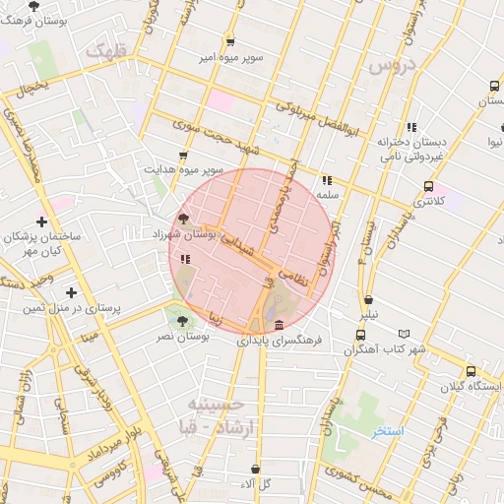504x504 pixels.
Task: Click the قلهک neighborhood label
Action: tap(106, 50)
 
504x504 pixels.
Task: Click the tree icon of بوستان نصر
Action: tap(180, 320)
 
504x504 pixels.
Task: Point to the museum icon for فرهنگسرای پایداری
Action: tap(281, 325)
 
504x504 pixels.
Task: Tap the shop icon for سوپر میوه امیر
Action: tap(230, 41)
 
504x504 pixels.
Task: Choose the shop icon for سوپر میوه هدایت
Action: tap(183, 155)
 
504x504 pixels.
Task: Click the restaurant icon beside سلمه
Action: tap(326, 180)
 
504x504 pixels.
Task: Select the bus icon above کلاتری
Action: tap(428, 185)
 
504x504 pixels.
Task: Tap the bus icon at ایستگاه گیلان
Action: tap(472, 371)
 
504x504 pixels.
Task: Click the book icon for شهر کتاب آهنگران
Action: tap(403, 335)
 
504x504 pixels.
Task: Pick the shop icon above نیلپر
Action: tap(368, 300)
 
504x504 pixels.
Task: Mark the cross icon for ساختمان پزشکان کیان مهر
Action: tap(41, 221)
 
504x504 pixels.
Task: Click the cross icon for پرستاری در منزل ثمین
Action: tap(71, 292)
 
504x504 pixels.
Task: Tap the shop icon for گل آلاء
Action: tap(257, 470)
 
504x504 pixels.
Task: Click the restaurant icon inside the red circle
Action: tap(185, 259)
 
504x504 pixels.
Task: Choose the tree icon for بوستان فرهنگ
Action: tap(34, 6)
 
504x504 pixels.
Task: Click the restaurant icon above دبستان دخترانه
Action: tap(410, 127)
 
